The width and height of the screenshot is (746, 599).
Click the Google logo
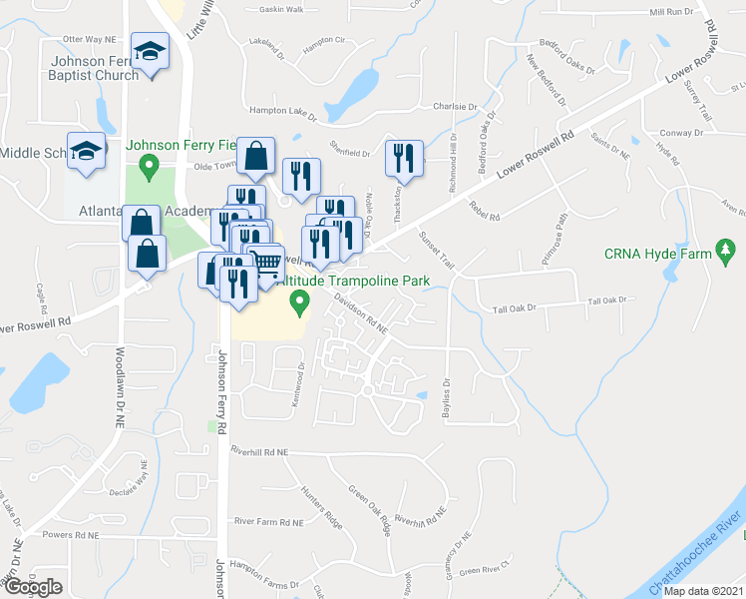coord(32,586)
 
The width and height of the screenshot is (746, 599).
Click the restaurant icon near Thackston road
coord(404,158)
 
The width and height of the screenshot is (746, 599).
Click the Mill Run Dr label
coord(670,12)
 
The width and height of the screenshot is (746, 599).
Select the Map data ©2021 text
coord(702,591)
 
